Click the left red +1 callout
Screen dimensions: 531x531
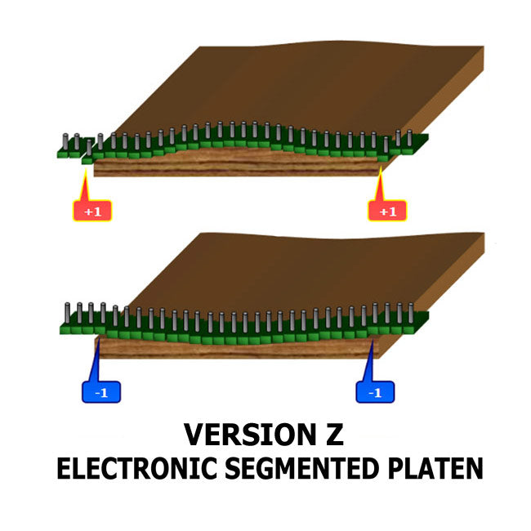[x=92, y=212]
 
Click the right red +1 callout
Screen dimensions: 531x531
[x=387, y=212]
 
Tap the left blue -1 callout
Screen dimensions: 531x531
[x=101, y=393]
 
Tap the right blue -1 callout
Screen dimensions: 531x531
[x=375, y=393]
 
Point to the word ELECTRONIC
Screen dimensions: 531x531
[x=134, y=469]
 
